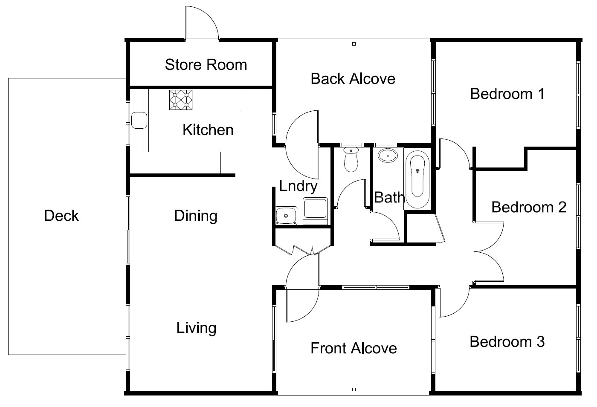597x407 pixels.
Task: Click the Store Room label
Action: (x=206, y=65)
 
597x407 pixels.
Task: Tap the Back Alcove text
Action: (x=353, y=79)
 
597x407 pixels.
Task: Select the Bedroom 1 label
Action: (x=507, y=94)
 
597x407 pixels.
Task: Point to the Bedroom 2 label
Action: (x=529, y=207)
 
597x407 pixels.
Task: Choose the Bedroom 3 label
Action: (x=507, y=342)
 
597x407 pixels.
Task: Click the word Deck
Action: (x=61, y=216)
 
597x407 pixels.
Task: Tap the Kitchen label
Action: (x=208, y=130)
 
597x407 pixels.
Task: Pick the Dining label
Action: (x=196, y=216)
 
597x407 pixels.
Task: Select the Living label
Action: (x=196, y=328)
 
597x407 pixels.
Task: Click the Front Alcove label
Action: (x=354, y=349)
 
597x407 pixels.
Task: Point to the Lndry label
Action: (x=298, y=186)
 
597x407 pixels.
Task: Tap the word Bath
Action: (x=389, y=197)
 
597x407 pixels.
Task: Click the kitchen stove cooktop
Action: (x=181, y=100)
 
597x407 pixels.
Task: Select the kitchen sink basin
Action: (x=139, y=120)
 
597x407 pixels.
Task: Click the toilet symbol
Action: (x=351, y=159)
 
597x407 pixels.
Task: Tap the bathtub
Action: (x=417, y=178)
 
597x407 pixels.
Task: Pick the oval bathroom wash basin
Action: (x=388, y=156)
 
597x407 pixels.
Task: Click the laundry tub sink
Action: (x=286, y=216)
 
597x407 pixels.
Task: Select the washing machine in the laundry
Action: (x=315, y=211)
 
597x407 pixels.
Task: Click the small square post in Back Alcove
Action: (x=354, y=44)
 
